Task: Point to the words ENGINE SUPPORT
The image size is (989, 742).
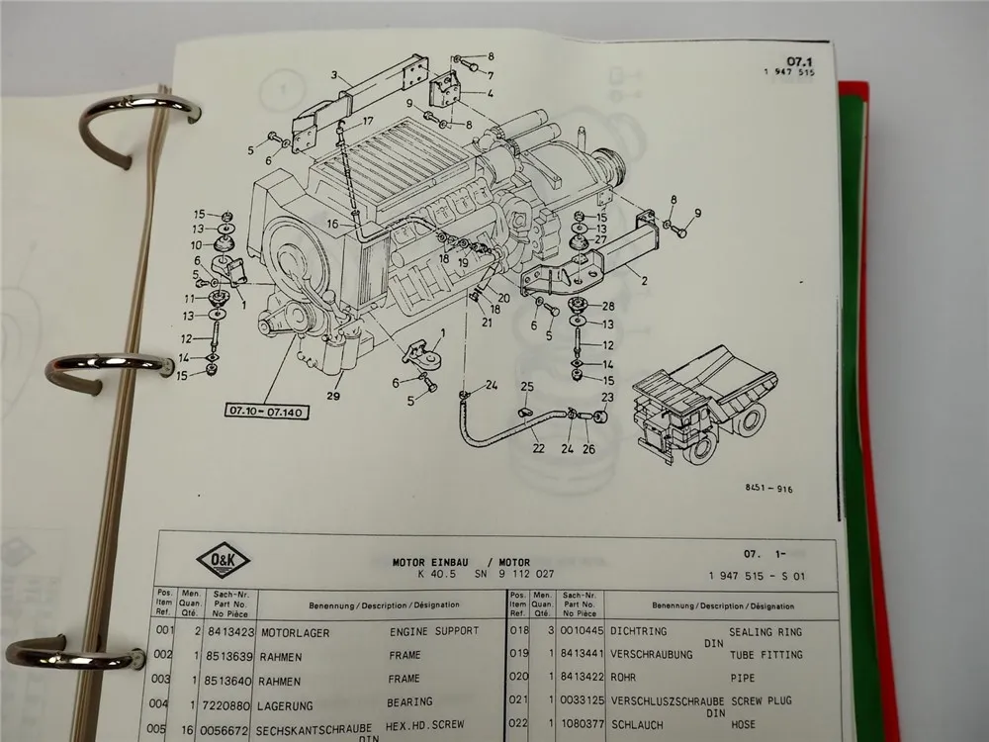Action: click(x=433, y=630)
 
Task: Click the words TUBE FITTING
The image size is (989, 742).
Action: click(x=766, y=655)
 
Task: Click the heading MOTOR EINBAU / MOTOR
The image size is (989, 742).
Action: click(x=459, y=560)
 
